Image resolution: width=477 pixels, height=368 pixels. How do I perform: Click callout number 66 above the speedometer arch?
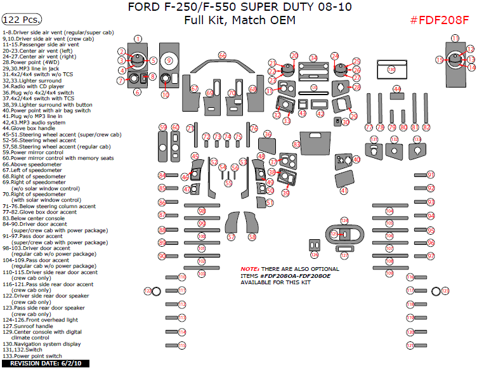point(222,56)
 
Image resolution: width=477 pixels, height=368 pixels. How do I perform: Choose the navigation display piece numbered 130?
point(391,69)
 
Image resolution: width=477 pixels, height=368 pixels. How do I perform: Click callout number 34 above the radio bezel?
point(313,58)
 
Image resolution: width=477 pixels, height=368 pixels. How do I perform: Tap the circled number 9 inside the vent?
point(169,61)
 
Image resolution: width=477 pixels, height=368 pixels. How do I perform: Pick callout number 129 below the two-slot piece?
point(313,255)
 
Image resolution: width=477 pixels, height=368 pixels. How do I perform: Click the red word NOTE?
point(250,269)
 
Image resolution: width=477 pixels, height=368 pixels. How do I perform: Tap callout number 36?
point(268,134)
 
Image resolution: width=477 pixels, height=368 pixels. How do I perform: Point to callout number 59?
point(163,127)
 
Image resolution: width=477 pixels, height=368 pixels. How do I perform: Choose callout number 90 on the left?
point(162,255)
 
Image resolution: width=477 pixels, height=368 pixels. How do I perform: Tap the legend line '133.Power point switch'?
point(32,356)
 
